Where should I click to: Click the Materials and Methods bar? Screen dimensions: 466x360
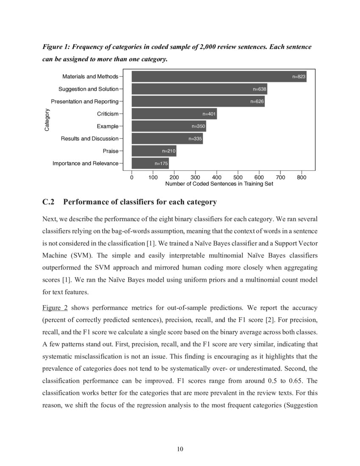click(x=219, y=77)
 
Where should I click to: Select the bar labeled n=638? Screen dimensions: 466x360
click(x=199, y=89)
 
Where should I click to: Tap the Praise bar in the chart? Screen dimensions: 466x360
click(x=154, y=151)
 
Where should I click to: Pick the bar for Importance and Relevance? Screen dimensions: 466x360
click(x=150, y=163)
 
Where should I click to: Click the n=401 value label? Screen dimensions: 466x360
click(x=209, y=114)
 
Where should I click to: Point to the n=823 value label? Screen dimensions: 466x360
click(x=299, y=77)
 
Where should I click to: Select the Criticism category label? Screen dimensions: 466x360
click(x=108, y=114)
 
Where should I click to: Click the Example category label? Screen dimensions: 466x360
click(x=107, y=126)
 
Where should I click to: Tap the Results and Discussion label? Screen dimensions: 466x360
click(x=89, y=139)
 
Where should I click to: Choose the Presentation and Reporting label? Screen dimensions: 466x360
click(x=84, y=102)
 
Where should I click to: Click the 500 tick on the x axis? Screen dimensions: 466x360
click(x=238, y=177)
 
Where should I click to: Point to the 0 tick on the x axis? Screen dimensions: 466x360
click(x=132, y=177)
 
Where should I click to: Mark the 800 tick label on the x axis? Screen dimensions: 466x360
click(x=302, y=177)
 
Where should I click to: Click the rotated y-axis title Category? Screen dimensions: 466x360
click(x=47, y=120)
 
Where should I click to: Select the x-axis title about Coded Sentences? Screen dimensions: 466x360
click(x=219, y=184)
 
